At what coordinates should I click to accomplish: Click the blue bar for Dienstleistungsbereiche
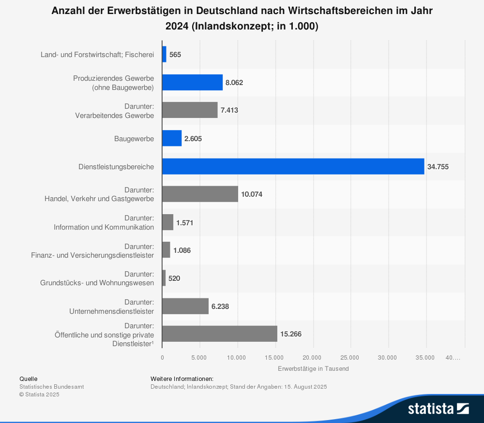pyautogui.click(x=293, y=166)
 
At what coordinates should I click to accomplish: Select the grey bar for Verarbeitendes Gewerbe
pyautogui.click(x=190, y=110)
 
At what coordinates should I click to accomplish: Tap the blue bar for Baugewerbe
pyautogui.click(x=172, y=138)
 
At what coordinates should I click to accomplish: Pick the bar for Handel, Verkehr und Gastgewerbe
pyautogui.click(x=200, y=194)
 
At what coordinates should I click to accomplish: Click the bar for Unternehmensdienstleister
pyautogui.click(x=185, y=306)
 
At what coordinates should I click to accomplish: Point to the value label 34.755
pyautogui.click(x=438, y=167)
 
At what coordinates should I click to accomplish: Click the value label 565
pyautogui.click(x=175, y=55)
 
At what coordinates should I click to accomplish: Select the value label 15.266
pyautogui.click(x=291, y=334)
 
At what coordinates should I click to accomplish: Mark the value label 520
pyautogui.click(x=174, y=278)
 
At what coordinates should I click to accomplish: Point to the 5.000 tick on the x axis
pyautogui.click(x=199, y=358)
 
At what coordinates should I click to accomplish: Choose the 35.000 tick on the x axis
pyautogui.click(x=425, y=358)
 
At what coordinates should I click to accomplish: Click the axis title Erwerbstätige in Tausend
pyautogui.click(x=313, y=368)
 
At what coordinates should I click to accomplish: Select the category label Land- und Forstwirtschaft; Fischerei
pyautogui.click(x=97, y=55)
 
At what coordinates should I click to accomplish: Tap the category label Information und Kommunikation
pyautogui.click(x=104, y=227)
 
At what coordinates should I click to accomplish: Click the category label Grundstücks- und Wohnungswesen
pyautogui.click(x=97, y=283)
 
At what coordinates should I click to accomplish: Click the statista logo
pyautogui.click(x=438, y=408)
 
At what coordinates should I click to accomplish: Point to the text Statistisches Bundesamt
pyautogui.click(x=51, y=387)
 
